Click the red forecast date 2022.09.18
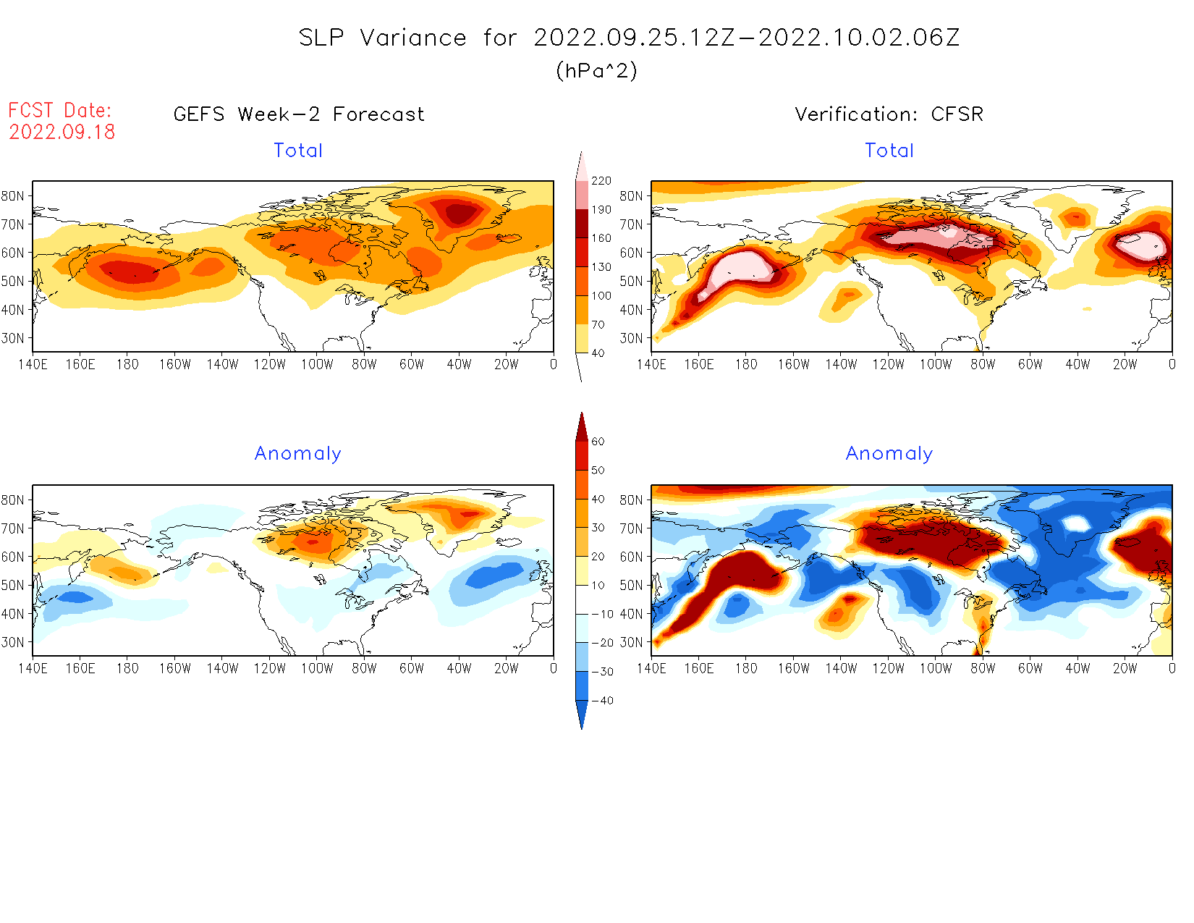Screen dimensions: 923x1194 (62, 132)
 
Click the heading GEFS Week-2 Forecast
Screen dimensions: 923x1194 (299, 114)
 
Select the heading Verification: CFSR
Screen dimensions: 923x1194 (889, 114)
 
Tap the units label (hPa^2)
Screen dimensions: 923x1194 (596, 70)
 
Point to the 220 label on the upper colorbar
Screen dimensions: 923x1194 (601, 181)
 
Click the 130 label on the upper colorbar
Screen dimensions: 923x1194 (601, 267)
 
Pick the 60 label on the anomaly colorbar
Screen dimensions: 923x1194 (598, 442)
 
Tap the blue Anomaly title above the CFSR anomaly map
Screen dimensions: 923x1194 (889, 454)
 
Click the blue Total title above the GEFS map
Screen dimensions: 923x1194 (298, 151)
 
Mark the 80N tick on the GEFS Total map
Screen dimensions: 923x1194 (13, 196)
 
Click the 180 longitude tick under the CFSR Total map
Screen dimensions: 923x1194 (746, 365)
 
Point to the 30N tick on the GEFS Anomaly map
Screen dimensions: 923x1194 (13, 642)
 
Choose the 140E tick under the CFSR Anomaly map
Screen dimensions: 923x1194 (651, 669)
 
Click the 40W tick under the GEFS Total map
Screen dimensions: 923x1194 (459, 365)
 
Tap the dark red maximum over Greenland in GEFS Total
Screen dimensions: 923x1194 (460, 214)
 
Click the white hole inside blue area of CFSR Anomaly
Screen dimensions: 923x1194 (1076, 523)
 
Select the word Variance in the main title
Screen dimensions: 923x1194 (413, 38)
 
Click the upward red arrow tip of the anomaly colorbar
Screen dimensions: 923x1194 (582, 416)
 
